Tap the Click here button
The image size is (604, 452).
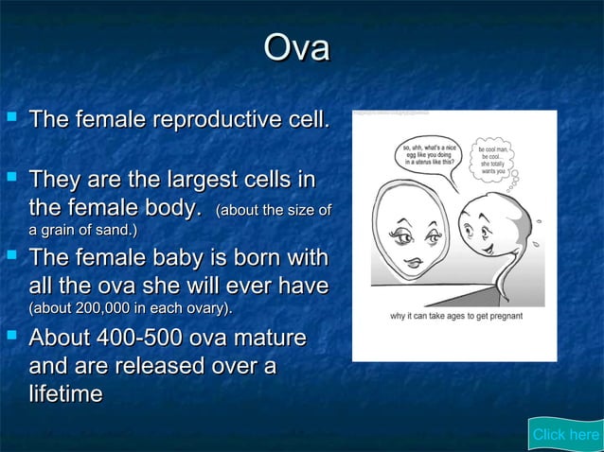pos(565,434)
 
